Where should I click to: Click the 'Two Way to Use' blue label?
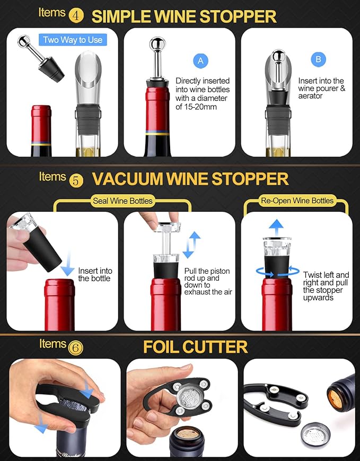pos(73,40)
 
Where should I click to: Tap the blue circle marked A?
pos(200,60)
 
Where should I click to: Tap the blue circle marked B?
pos(318,59)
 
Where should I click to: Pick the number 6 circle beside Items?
pos(76,347)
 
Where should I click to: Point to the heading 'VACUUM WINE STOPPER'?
pos(190,179)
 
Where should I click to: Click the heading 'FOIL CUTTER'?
pos(195,347)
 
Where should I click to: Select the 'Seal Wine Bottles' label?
pos(122,201)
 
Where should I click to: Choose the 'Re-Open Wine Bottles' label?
pos(297,201)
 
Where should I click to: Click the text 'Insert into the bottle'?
pos(95,274)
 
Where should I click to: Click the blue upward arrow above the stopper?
pos(275,225)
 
